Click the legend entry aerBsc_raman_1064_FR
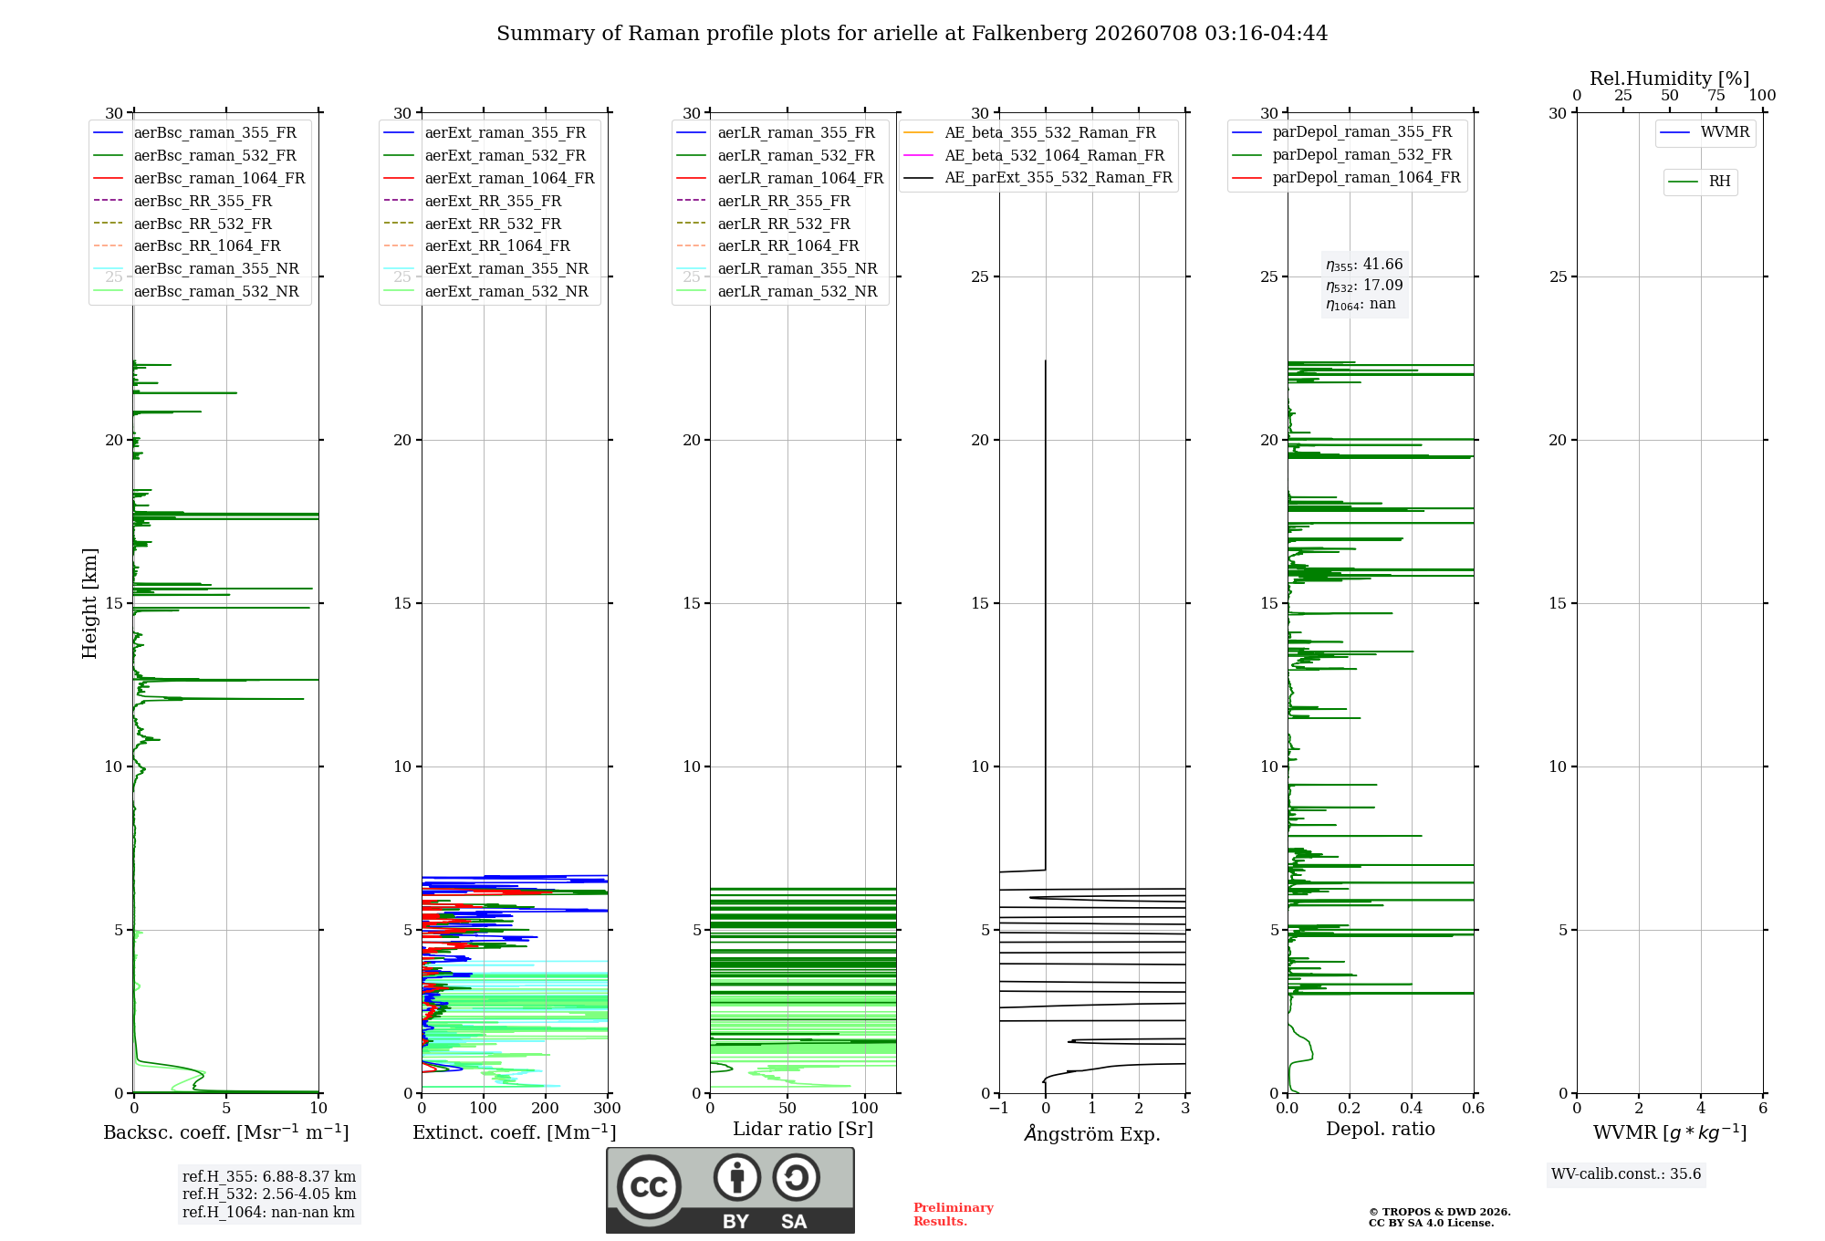point(199,179)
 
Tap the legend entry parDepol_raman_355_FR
point(1342,132)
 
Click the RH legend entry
point(1699,182)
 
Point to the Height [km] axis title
point(89,603)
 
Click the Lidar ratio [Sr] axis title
point(803,1129)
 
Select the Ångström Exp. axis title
point(1092,1133)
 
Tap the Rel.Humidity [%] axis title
point(1670,78)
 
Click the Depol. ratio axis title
point(1381,1129)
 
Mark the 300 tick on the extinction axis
point(607,1109)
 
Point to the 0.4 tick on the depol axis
point(1412,1109)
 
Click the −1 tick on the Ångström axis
point(999,1109)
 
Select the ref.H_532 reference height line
point(269,1194)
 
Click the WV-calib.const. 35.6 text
point(1626,1174)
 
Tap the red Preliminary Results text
point(954,1215)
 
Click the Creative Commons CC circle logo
point(649,1187)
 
